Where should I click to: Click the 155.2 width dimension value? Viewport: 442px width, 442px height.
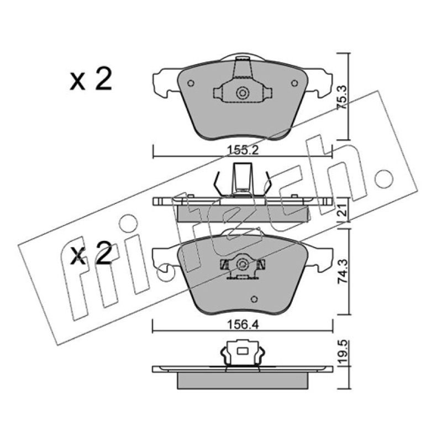point(243,150)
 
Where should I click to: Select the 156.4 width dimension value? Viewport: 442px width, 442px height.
point(243,325)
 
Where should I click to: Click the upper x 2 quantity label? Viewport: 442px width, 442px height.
point(91,79)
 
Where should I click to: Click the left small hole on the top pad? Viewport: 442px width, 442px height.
point(191,83)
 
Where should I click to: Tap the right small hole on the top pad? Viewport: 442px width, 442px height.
point(294,83)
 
